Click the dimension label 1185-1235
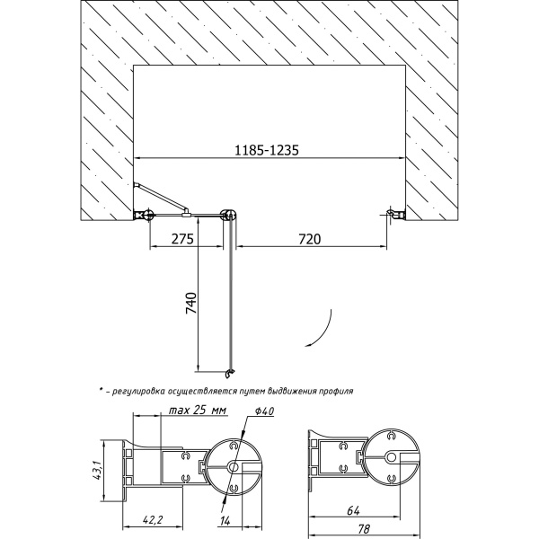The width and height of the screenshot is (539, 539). pyautogui.click(x=267, y=150)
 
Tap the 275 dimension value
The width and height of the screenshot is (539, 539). pyautogui.click(x=182, y=239)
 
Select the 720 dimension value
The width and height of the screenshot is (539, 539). pyautogui.click(x=309, y=239)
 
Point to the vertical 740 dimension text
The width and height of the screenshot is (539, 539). pyautogui.click(x=191, y=303)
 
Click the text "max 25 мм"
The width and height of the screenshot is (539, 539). pyautogui.click(x=198, y=411)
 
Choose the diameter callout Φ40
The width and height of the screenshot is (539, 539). pyautogui.click(x=264, y=411)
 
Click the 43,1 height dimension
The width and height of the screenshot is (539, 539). pyautogui.click(x=98, y=472)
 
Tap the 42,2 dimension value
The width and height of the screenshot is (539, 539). pyautogui.click(x=152, y=520)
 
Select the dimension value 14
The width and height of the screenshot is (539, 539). pyautogui.click(x=225, y=521)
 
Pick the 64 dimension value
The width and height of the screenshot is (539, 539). pyautogui.click(x=353, y=511)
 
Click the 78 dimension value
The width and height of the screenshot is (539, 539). pyautogui.click(x=363, y=529)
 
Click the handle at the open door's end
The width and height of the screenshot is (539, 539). pyautogui.click(x=230, y=374)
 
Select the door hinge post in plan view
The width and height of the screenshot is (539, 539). pyautogui.click(x=229, y=216)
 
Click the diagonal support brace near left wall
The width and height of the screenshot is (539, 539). pyautogui.click(x=161, y=198)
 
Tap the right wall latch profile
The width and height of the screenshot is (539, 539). pyautogui.click(x=395, y=214)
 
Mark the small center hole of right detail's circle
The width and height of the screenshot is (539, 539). pyautogui.click(x=391, y=457)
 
